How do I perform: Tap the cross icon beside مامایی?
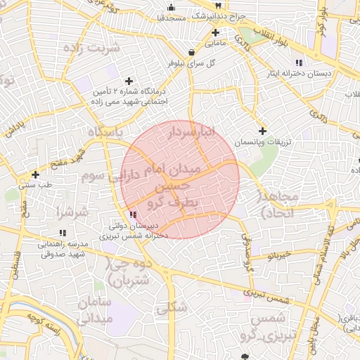[x=216, y=32]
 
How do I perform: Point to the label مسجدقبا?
[x=171, y=17]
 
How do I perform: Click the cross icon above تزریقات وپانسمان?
[x=262, y=130]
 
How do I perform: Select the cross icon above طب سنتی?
[x=34, y=174]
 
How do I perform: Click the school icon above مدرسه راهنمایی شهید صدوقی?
[x=63, y=232]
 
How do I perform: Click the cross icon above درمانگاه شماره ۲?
[x=128, y=81]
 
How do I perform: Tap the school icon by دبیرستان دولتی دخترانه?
[x=132, y=214]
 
